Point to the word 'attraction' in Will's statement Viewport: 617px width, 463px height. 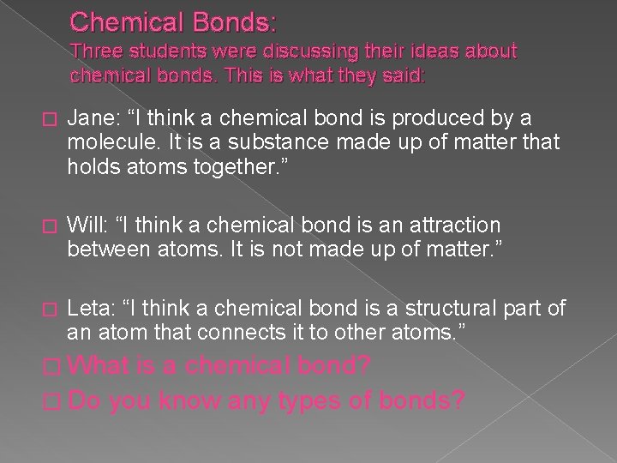(x=458, y=225)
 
